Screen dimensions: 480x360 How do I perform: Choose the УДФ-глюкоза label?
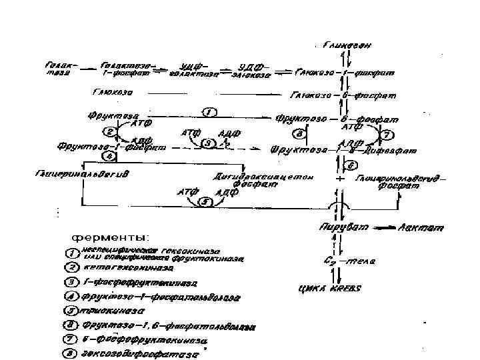coord(252,71)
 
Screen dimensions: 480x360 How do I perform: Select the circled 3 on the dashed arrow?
coord(207,143)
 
